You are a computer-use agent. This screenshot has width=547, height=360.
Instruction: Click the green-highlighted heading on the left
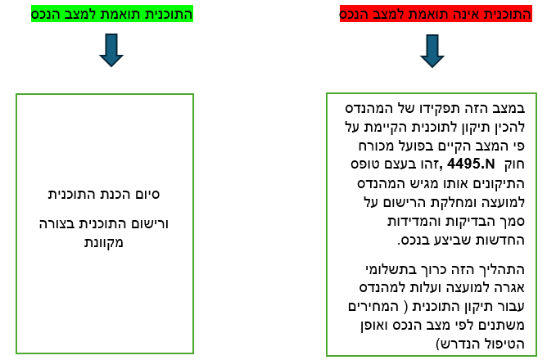111,15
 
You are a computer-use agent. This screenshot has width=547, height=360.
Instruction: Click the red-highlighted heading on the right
436,15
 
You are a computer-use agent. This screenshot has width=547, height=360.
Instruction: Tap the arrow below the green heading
111,50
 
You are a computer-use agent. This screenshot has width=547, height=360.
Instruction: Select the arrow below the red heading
432,51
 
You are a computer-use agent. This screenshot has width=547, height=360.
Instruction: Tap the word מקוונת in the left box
105,242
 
